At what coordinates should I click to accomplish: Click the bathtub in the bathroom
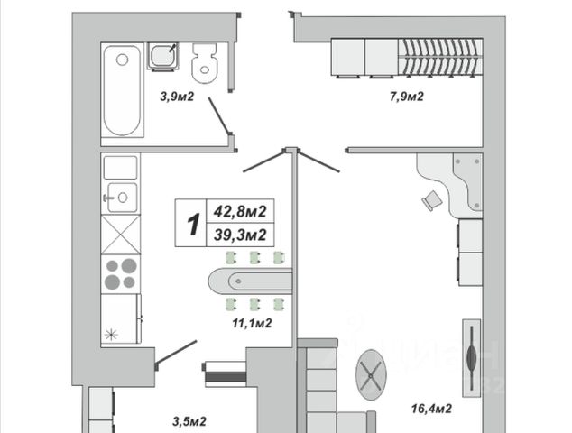pos(122,90)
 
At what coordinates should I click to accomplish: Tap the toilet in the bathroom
pos(207,61)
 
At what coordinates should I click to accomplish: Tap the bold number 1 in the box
pos(191,224)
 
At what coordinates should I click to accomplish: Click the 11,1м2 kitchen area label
pos(254,322)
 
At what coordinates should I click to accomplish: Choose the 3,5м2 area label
pos(189,420)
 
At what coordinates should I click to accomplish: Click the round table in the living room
pos(370,373)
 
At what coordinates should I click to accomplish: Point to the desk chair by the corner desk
pos(432,200)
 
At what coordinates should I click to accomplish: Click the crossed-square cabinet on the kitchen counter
pos(120,235)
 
